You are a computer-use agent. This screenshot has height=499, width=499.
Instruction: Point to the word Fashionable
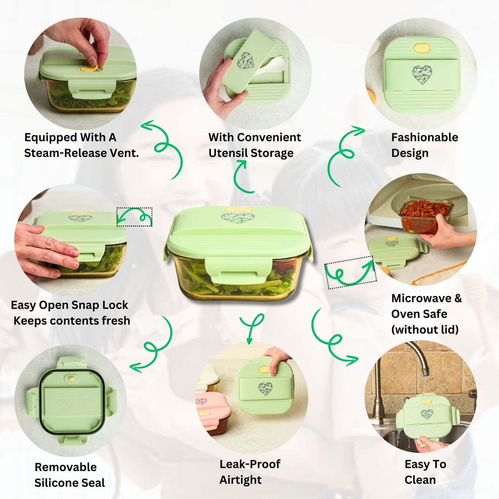[425, 137]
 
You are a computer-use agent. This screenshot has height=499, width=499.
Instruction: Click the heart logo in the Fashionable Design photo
[422, 75]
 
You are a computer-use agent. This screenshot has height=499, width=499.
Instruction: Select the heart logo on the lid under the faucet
[427, 414]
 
